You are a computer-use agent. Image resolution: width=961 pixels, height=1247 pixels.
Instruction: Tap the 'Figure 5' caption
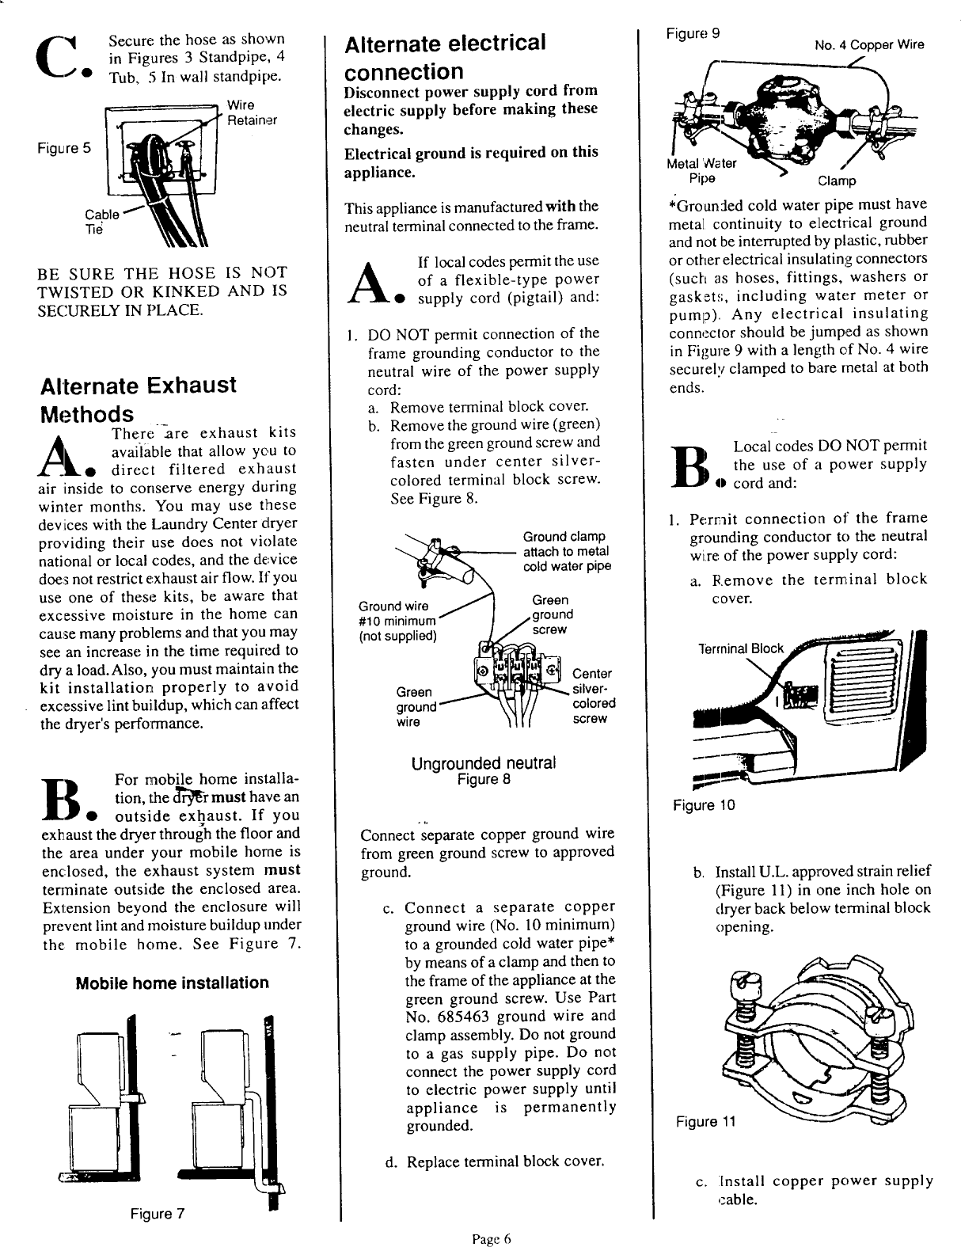pyautogui.click(x=63, y=146)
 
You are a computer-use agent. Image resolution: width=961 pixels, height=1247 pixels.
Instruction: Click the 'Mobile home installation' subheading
pyautogui.click(x=172, y=983)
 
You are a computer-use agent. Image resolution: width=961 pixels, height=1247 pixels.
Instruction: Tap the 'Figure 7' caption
pyautogui.click(x=158, y=1214)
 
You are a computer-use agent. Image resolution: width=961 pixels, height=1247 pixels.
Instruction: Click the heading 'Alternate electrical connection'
pyautogui.click(x=445, y=57)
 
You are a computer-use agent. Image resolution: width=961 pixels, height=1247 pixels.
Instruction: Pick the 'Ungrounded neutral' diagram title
pyautogui.click(x=484, y=763)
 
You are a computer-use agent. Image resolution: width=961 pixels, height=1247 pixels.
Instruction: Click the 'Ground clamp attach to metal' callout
pyautogui.click(x=565, y=551)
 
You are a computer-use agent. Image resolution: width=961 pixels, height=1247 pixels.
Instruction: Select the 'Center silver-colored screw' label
pyautogui.click(x=593, y=696)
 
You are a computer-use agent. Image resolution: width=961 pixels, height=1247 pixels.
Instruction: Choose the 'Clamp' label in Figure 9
pyautogui.click(x=836, y=181)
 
